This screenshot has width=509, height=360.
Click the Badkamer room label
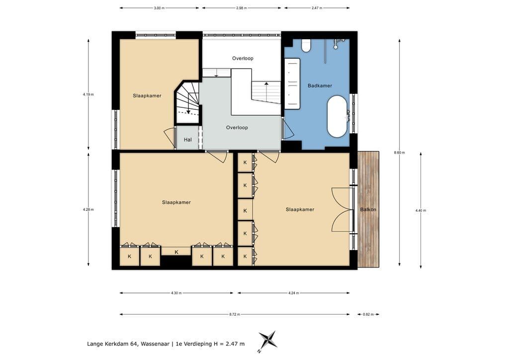[x=320, y=86]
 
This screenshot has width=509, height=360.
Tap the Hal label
[x=187, y=140]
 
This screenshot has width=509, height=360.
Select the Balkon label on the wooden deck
[x=368, y=209]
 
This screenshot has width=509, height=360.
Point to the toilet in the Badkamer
[x=306, y=45]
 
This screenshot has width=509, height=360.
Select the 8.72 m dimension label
[x=235, y=314]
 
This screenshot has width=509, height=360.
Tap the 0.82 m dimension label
[x=368, y=314]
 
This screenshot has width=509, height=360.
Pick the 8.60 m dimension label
[x=399, y=153]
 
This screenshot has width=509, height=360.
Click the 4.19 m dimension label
[x=88, y=94]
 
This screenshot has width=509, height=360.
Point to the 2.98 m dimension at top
[x=242, y=8]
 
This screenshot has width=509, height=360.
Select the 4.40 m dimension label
[x=421, y=210]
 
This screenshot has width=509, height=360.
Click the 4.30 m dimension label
[x=176, y=293]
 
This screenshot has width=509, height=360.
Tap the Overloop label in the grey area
[x=237, y=128]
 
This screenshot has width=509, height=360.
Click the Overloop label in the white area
[x=243, y=59]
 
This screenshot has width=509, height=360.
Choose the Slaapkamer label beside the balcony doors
[x=300, y=209]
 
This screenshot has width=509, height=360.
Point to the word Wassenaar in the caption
[x=155, y=344]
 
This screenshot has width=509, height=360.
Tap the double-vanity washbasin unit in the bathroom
[x=292, y=84]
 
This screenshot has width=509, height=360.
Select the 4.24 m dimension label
[x=293, y=293]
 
